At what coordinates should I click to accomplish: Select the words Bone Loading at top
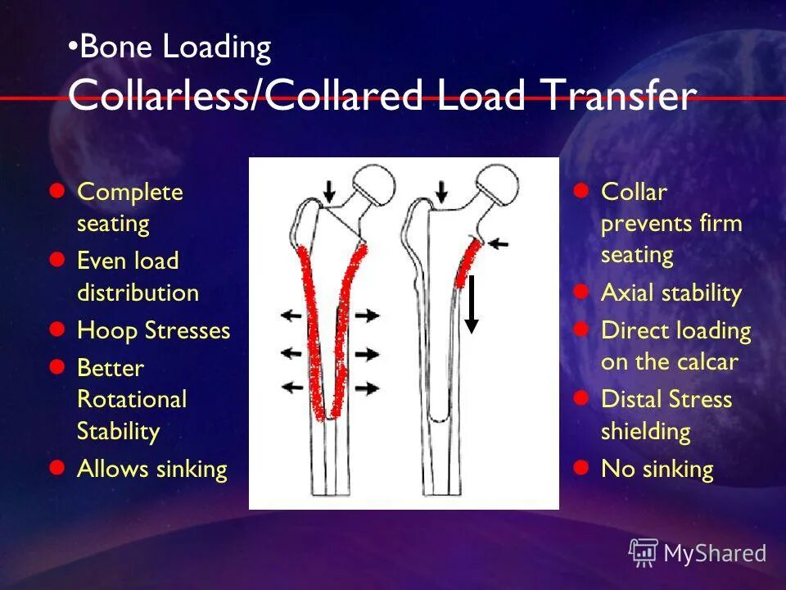(x=175, y=48)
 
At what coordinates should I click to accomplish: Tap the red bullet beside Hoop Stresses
(x=56, y=329)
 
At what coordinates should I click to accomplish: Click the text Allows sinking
(x=151, y=469)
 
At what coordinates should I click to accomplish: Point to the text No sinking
(x=657, y=469)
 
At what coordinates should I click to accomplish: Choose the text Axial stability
(x=671, y=293)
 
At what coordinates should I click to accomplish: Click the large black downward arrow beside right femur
(x=472, y=304)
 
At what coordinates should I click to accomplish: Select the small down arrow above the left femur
(x=329, y=192)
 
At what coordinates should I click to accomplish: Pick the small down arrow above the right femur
(x=442, y=192)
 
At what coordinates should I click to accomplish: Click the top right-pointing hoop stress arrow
(x=367, y=314)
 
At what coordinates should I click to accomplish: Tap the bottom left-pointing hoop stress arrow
(x=291, y=387)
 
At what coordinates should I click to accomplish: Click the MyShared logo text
(x=714, y=553)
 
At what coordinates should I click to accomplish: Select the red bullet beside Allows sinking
(x=56, y=468)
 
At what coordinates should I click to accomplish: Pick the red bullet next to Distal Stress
(x=581, y=398)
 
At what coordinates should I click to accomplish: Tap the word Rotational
(x=132, y=399)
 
